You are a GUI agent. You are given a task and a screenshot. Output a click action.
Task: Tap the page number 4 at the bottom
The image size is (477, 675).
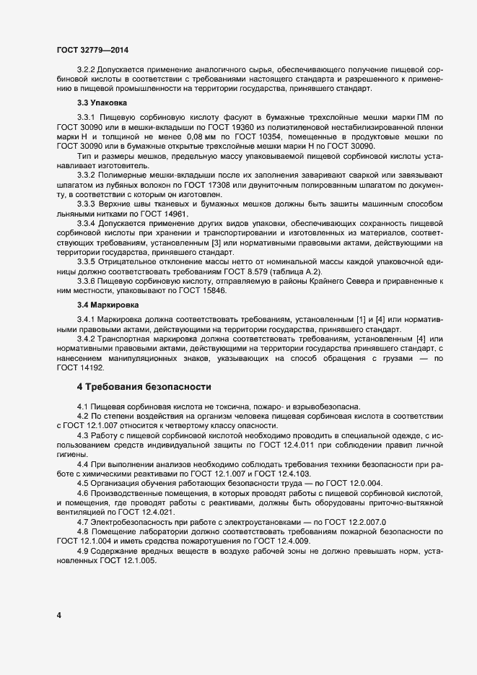point(58,615)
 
